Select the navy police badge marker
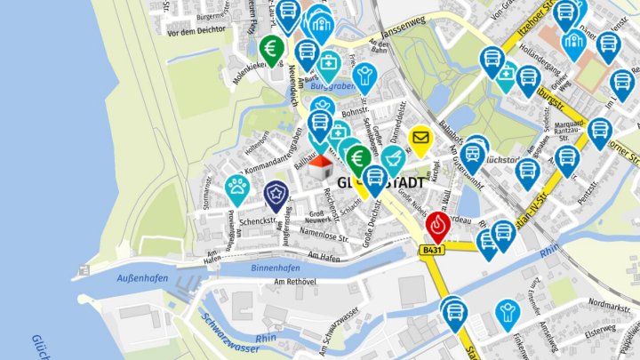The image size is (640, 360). point(276,192)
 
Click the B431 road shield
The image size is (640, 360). point(432,252)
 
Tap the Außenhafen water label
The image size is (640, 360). point(142,278)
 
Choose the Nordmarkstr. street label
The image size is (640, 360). point(608,307)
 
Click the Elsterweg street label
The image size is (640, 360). point(601,327)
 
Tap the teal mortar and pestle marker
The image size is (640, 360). point(393,160)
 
